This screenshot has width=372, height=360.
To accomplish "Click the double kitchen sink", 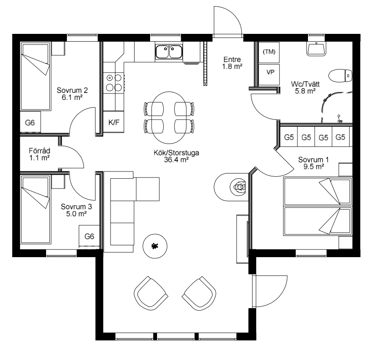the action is click(x=169, y=52).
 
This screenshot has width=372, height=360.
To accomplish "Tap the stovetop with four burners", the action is click(x=114, y=83).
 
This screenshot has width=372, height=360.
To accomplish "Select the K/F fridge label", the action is click(x=114, y=122).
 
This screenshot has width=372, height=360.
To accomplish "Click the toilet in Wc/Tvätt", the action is click(x=340, y=76).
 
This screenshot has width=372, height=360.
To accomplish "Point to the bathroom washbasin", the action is click(x=316, y=49).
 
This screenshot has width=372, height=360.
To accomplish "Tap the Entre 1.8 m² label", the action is click(x=232, y=63).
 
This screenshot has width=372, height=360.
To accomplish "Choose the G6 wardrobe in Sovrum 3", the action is click(x=89, y=236).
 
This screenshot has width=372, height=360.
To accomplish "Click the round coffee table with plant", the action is click(x=155, y=246).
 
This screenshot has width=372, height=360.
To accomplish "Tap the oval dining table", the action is click(x=169, y=118).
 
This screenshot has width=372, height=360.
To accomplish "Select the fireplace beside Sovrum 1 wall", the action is click(x=231, y=187).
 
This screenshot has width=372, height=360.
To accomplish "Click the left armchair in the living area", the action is click(x=151, y=293).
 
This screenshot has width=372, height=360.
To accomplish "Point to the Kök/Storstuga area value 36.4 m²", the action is click(x=176, y=160).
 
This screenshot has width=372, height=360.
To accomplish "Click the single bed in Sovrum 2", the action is click(x=35, y=76).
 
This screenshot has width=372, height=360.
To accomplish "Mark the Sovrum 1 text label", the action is click(x=314, y=160).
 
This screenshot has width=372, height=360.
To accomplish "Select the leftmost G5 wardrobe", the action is click(x=289, y=137).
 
